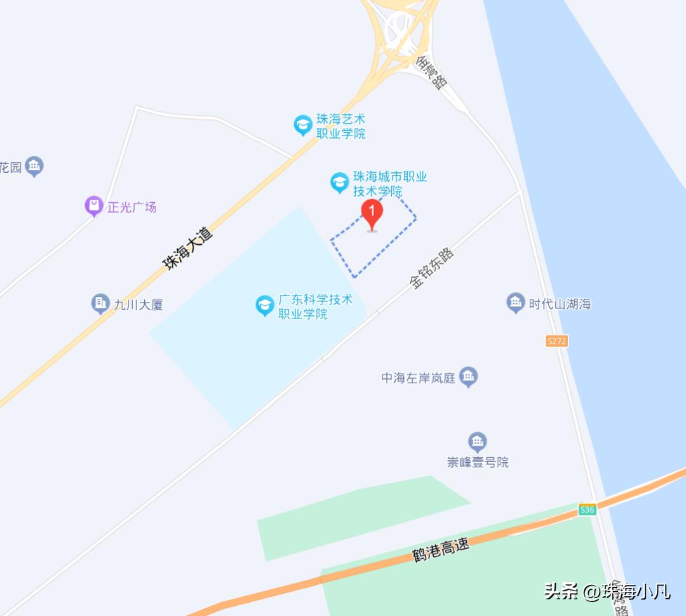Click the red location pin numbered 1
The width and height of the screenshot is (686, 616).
tap(372, 214)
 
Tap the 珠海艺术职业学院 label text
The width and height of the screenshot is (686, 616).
tap(341, 127)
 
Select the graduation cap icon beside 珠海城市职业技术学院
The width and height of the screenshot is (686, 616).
tap(340, 183)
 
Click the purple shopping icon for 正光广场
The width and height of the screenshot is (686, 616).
tap(94, 206)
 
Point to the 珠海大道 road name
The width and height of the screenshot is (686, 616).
tap(188, 249)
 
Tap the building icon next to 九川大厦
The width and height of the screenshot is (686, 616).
tap(100, 303)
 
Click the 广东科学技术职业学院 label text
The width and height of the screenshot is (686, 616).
tap(315, 306)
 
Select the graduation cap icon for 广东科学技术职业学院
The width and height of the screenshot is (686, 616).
tap(265, 306)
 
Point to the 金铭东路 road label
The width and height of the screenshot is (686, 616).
tap(432, 269)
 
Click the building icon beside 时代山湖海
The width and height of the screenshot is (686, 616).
tap(515, 303)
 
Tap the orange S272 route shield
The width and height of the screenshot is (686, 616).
tap(556, 341)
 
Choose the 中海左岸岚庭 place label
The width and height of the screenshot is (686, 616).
tap(418, 378)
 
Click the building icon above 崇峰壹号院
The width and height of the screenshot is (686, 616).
tap(477, 441)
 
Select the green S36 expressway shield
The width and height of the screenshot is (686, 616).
tap(587, 509)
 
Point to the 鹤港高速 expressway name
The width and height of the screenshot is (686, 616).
tap(441, 549)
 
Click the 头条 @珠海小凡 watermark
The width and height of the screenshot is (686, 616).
tap(607, 592)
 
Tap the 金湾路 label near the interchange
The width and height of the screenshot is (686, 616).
tap(432, 71)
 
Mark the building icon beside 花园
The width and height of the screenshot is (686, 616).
tap(35, 167)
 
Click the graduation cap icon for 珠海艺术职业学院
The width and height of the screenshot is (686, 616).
tap(303, 125)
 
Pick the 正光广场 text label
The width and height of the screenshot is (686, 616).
tap(131, 207)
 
